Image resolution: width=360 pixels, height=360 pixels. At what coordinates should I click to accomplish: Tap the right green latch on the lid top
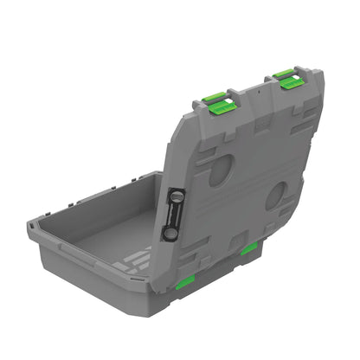pos(288,80)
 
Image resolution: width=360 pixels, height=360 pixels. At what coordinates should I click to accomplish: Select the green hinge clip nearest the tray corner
pos(183,281)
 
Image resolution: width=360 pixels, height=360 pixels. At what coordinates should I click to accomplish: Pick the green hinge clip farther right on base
pos(248,249)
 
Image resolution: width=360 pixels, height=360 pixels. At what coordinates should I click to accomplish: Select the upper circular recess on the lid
pos(220,169)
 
